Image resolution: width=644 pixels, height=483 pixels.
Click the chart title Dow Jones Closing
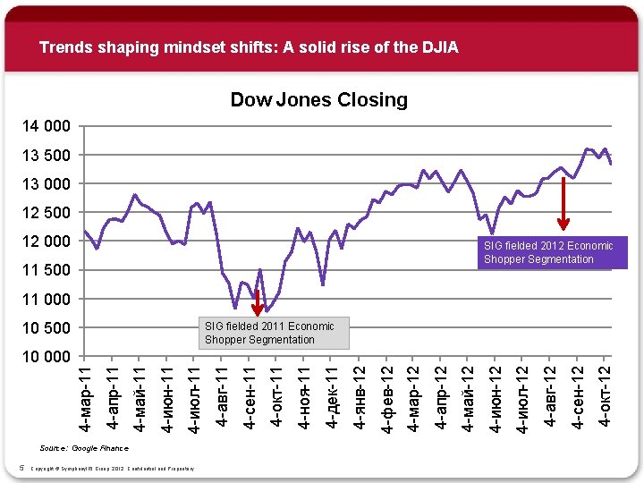pyautogui.click(x=318, y=99)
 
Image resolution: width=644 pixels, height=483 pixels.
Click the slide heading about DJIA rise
pyautogui.click(x=249, y=47)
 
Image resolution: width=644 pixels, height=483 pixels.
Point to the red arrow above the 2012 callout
pyautogui.click(x=563, y=204)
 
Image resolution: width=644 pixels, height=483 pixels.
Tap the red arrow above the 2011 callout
pyautogui.click(x=257, y=301)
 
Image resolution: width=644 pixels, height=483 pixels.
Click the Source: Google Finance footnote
pyautogui.click(x=84, y=447)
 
